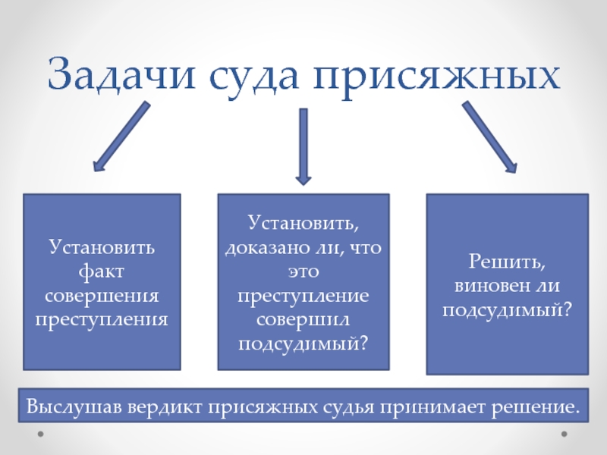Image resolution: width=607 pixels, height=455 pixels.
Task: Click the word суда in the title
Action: [246, 78]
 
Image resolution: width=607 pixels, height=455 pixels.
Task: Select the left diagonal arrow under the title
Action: [121, 136]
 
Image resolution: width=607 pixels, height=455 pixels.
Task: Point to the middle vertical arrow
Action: [303, 146]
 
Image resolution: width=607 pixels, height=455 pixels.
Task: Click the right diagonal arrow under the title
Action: [489, 137]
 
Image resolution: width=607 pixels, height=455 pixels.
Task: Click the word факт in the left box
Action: [102, 270]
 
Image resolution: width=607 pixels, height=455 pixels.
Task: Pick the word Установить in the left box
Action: [102, 247]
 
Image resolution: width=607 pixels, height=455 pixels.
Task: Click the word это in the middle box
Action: [303, 271]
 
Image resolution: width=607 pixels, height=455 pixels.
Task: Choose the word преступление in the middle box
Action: [303, 294]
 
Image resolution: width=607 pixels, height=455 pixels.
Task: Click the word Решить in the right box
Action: [507, 263]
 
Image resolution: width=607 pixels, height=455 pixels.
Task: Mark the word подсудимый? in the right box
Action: [507, 310]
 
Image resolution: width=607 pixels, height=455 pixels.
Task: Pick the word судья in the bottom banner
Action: [350, 407]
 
